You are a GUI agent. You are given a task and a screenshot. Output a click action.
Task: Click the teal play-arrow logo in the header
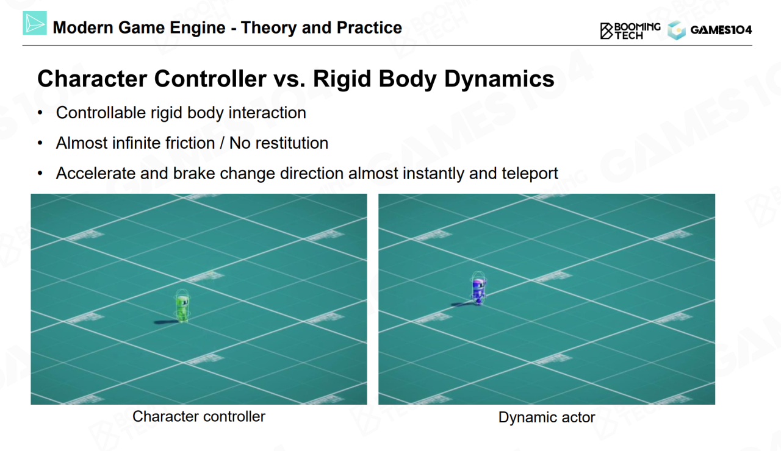click(x=35, y=23)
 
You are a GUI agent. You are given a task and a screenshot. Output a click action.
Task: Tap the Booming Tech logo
click(x=630, y=31)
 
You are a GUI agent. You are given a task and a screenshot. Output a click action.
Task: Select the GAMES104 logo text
click(x=721, y=30)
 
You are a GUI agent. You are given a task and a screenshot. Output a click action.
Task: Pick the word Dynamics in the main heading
click(x=499, y=79)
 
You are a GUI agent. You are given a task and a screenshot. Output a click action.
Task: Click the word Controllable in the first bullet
click(x=101, y=113)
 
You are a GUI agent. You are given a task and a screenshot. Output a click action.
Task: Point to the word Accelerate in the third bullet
click(x=95, y=174)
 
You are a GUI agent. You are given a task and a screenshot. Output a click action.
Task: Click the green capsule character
click(x=182, y=306)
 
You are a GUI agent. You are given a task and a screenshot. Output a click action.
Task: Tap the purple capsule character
click(x=478, y=288)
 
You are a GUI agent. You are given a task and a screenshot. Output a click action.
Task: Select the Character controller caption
click(x=199, y=416)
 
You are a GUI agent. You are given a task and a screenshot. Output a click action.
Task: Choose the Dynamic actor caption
click(x=546, y=417)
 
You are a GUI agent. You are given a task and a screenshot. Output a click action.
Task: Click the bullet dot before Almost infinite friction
click(x=40, y=143)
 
